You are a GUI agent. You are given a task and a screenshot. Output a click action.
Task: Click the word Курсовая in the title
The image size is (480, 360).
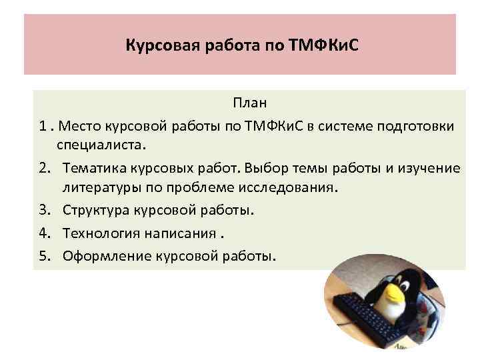[152, 47]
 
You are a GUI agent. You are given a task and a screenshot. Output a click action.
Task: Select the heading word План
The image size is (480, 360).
[249, 103]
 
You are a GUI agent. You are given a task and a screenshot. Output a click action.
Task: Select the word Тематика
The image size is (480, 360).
[93, 167]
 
